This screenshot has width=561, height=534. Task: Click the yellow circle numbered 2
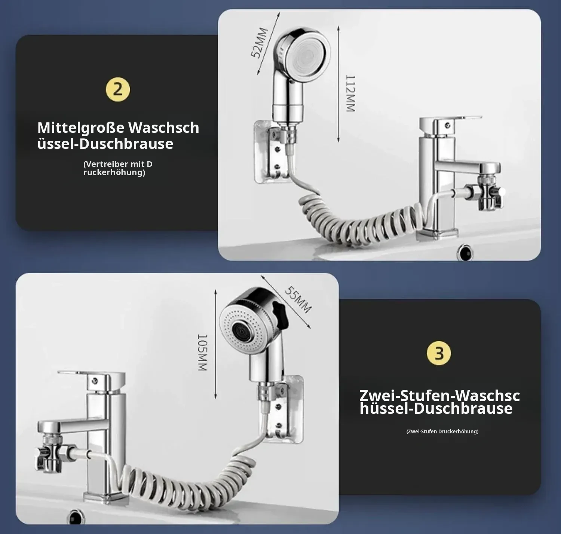click(118, 90)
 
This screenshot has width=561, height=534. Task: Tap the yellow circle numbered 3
click(439, 353)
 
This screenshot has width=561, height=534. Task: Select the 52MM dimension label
click(260, 43)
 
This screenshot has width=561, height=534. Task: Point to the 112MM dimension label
click(350, 94)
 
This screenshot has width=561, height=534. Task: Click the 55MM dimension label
click(298, 299)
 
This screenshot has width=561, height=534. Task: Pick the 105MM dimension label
click(202, 353)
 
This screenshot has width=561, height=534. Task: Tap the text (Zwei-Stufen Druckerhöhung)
click(442, 431)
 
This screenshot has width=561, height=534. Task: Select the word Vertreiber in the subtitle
click(105, 164)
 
